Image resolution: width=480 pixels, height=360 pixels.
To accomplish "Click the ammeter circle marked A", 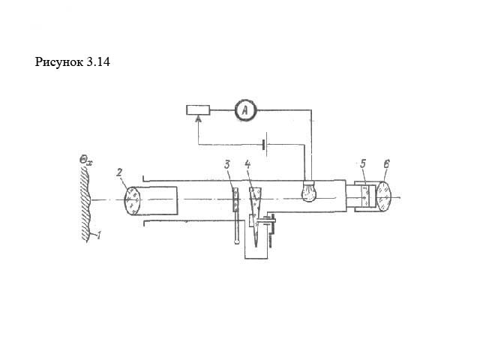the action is tap(245, 110).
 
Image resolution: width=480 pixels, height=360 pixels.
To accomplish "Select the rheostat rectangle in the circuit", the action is tap(198, 110).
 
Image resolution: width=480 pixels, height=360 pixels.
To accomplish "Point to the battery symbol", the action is tap(265, 144).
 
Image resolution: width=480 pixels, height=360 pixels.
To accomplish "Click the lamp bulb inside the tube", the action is tap(309, 191).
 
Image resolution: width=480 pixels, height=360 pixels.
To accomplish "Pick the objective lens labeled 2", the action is tap(133, 200).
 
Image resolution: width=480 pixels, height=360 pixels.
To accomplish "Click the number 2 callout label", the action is tap(119, 172).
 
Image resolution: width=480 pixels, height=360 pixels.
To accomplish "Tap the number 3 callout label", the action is tap(226, 165).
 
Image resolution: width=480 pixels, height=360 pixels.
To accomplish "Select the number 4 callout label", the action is tap(247, 165).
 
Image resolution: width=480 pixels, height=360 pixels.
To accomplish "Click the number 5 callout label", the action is tap(363, 164).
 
